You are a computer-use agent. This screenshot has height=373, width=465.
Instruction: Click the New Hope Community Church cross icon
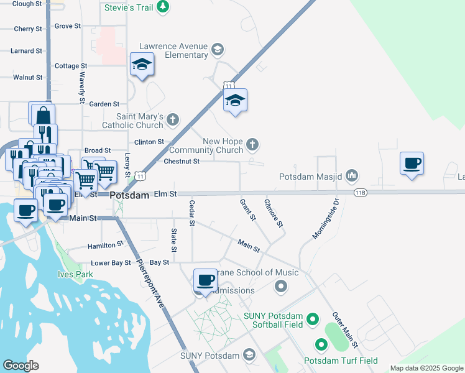pyautogui.click(x=252, y=145)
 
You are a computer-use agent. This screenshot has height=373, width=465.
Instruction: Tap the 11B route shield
pyautogui.click(x=361, y=193)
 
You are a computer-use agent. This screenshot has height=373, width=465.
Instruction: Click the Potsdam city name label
pyautogui.click(x=130, y=195)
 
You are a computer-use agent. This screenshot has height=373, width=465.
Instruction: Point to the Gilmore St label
pyautogui.click(x=274, y=213)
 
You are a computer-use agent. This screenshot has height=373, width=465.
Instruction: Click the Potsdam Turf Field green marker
pyautogui.click(x=321, y=344)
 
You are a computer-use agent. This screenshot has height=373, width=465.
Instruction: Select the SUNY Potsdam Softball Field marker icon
pyautogui.click(x=313, y=320)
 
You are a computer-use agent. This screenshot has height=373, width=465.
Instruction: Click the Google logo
pyautogui.click(x=21, y=366)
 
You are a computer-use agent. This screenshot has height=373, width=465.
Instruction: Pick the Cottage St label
pyautogui.click(x=67, y=66)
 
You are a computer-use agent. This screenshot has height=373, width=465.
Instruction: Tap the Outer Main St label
pyautogui.click(x=345, y=329)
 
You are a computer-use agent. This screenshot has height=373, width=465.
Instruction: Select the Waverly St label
pyautogui.click(x=81, y=87)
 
